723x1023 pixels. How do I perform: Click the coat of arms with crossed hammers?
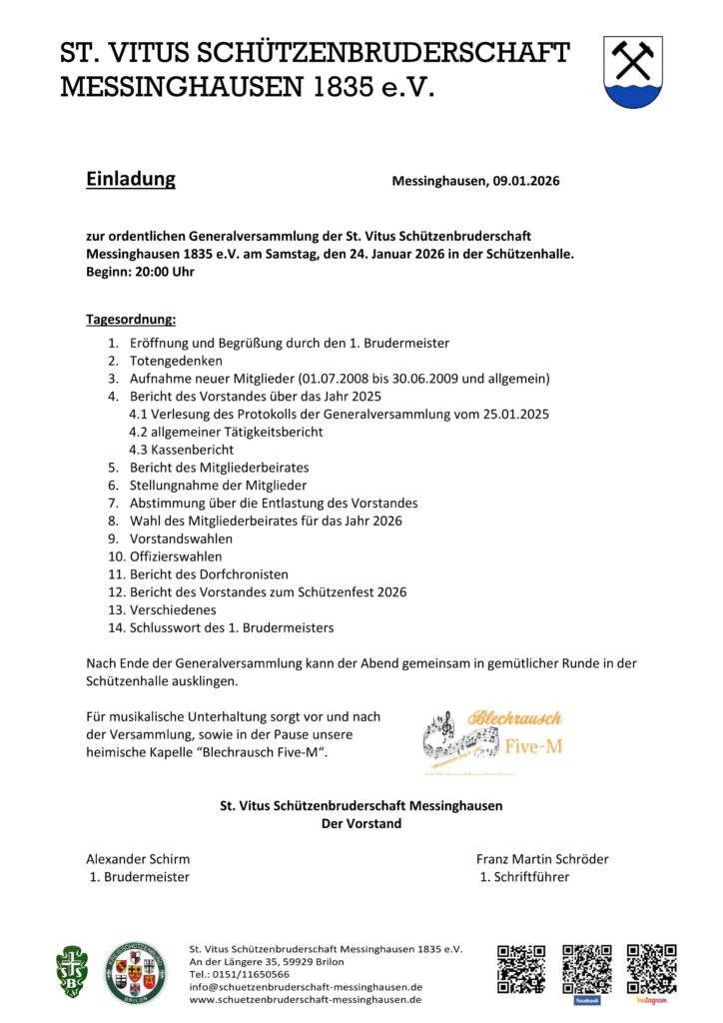pos(632,71)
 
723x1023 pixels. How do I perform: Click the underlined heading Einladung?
pos(130,180)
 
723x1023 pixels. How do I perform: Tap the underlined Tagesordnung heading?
pos(131,320)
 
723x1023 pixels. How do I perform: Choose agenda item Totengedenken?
pos(176,361)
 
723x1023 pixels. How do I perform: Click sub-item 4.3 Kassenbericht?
pos(182,450)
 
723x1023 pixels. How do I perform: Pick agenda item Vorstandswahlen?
pos(181,538)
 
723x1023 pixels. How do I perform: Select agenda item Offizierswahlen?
pos(176,556)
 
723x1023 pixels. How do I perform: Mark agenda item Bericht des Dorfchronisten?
pos(209,574)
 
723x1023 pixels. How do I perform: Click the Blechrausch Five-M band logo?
pos(492,740)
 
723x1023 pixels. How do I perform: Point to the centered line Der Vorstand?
pos(361,823)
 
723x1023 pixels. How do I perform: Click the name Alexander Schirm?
pos(138,859)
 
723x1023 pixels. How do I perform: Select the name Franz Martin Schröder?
pos(542,859)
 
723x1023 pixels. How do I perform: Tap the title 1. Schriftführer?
pos(525,877)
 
